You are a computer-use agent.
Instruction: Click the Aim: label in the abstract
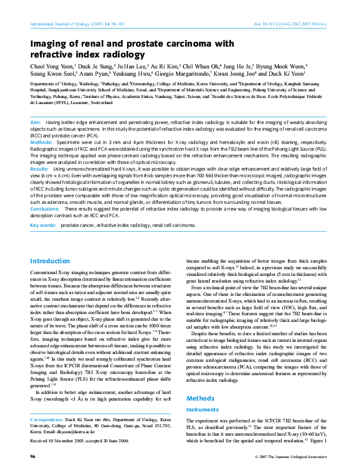(36, 123)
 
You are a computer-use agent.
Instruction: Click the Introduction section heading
(50, 261)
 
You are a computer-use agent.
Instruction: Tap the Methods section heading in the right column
(200, 398)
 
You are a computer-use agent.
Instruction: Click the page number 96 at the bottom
(33, 456)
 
